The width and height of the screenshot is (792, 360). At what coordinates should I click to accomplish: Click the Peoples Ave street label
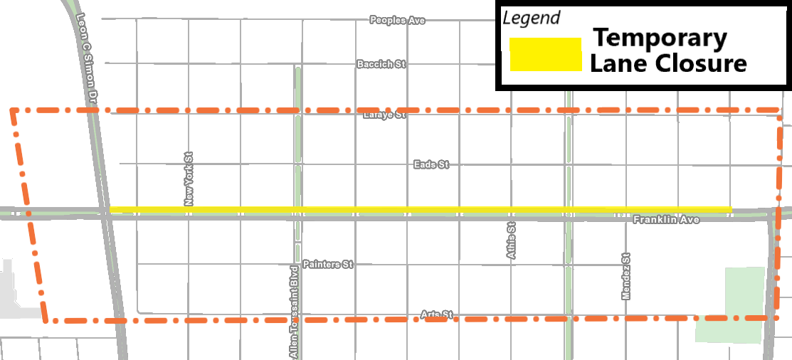click(x=397, y=20)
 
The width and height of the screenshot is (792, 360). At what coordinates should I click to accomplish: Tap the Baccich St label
click(x=381, y=64)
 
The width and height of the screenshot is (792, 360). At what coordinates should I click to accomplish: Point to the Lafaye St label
click(x=384, y=115)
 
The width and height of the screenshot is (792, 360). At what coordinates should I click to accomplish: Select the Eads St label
click(x=431, y=164)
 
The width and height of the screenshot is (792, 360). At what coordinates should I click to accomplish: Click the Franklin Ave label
click(x=666, y=220)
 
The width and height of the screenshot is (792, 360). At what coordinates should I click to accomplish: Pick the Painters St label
click(x=327, y=264)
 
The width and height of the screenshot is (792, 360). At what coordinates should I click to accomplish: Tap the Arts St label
click(x=436, y=314)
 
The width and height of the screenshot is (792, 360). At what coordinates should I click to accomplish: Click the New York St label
click(x=189, y=179)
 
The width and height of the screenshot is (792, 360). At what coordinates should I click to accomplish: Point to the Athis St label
click(x=511, y=240)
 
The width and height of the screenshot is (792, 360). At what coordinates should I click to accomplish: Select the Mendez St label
click(x=626, y=276)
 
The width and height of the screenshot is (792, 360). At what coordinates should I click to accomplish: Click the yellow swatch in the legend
click(x=546, y=55)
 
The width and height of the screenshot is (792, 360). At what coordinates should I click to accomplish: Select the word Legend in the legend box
click(x=532, y=18)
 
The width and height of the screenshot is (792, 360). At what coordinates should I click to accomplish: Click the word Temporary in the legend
click(x=660, y=38)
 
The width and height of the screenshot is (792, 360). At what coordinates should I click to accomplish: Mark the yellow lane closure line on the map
click(x=420, y=209)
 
